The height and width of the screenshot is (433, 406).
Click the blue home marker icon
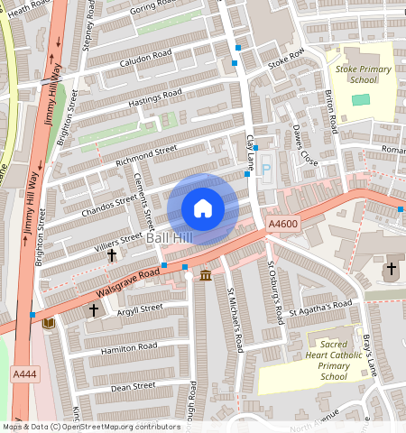click(x=203, y=208)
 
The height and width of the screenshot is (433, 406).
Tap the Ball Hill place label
click(x=171, y=237)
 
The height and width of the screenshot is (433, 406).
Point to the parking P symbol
click(x=265, y=167)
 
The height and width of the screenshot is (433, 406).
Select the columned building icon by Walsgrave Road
click(x=206, y=275)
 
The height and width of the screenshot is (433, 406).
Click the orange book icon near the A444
click(x=49, y=323)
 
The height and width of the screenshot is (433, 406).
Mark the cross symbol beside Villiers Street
click(x=112, y=255)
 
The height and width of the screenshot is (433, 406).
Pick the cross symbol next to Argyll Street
click(x=93, y=310)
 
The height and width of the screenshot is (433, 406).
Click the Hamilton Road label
click(x=130, y=347)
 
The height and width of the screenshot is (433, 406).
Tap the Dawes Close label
click(x=304, y=144)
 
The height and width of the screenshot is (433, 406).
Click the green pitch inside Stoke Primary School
click(x=361, y=97)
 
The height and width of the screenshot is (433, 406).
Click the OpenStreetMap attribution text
click(x=91, y=427)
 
